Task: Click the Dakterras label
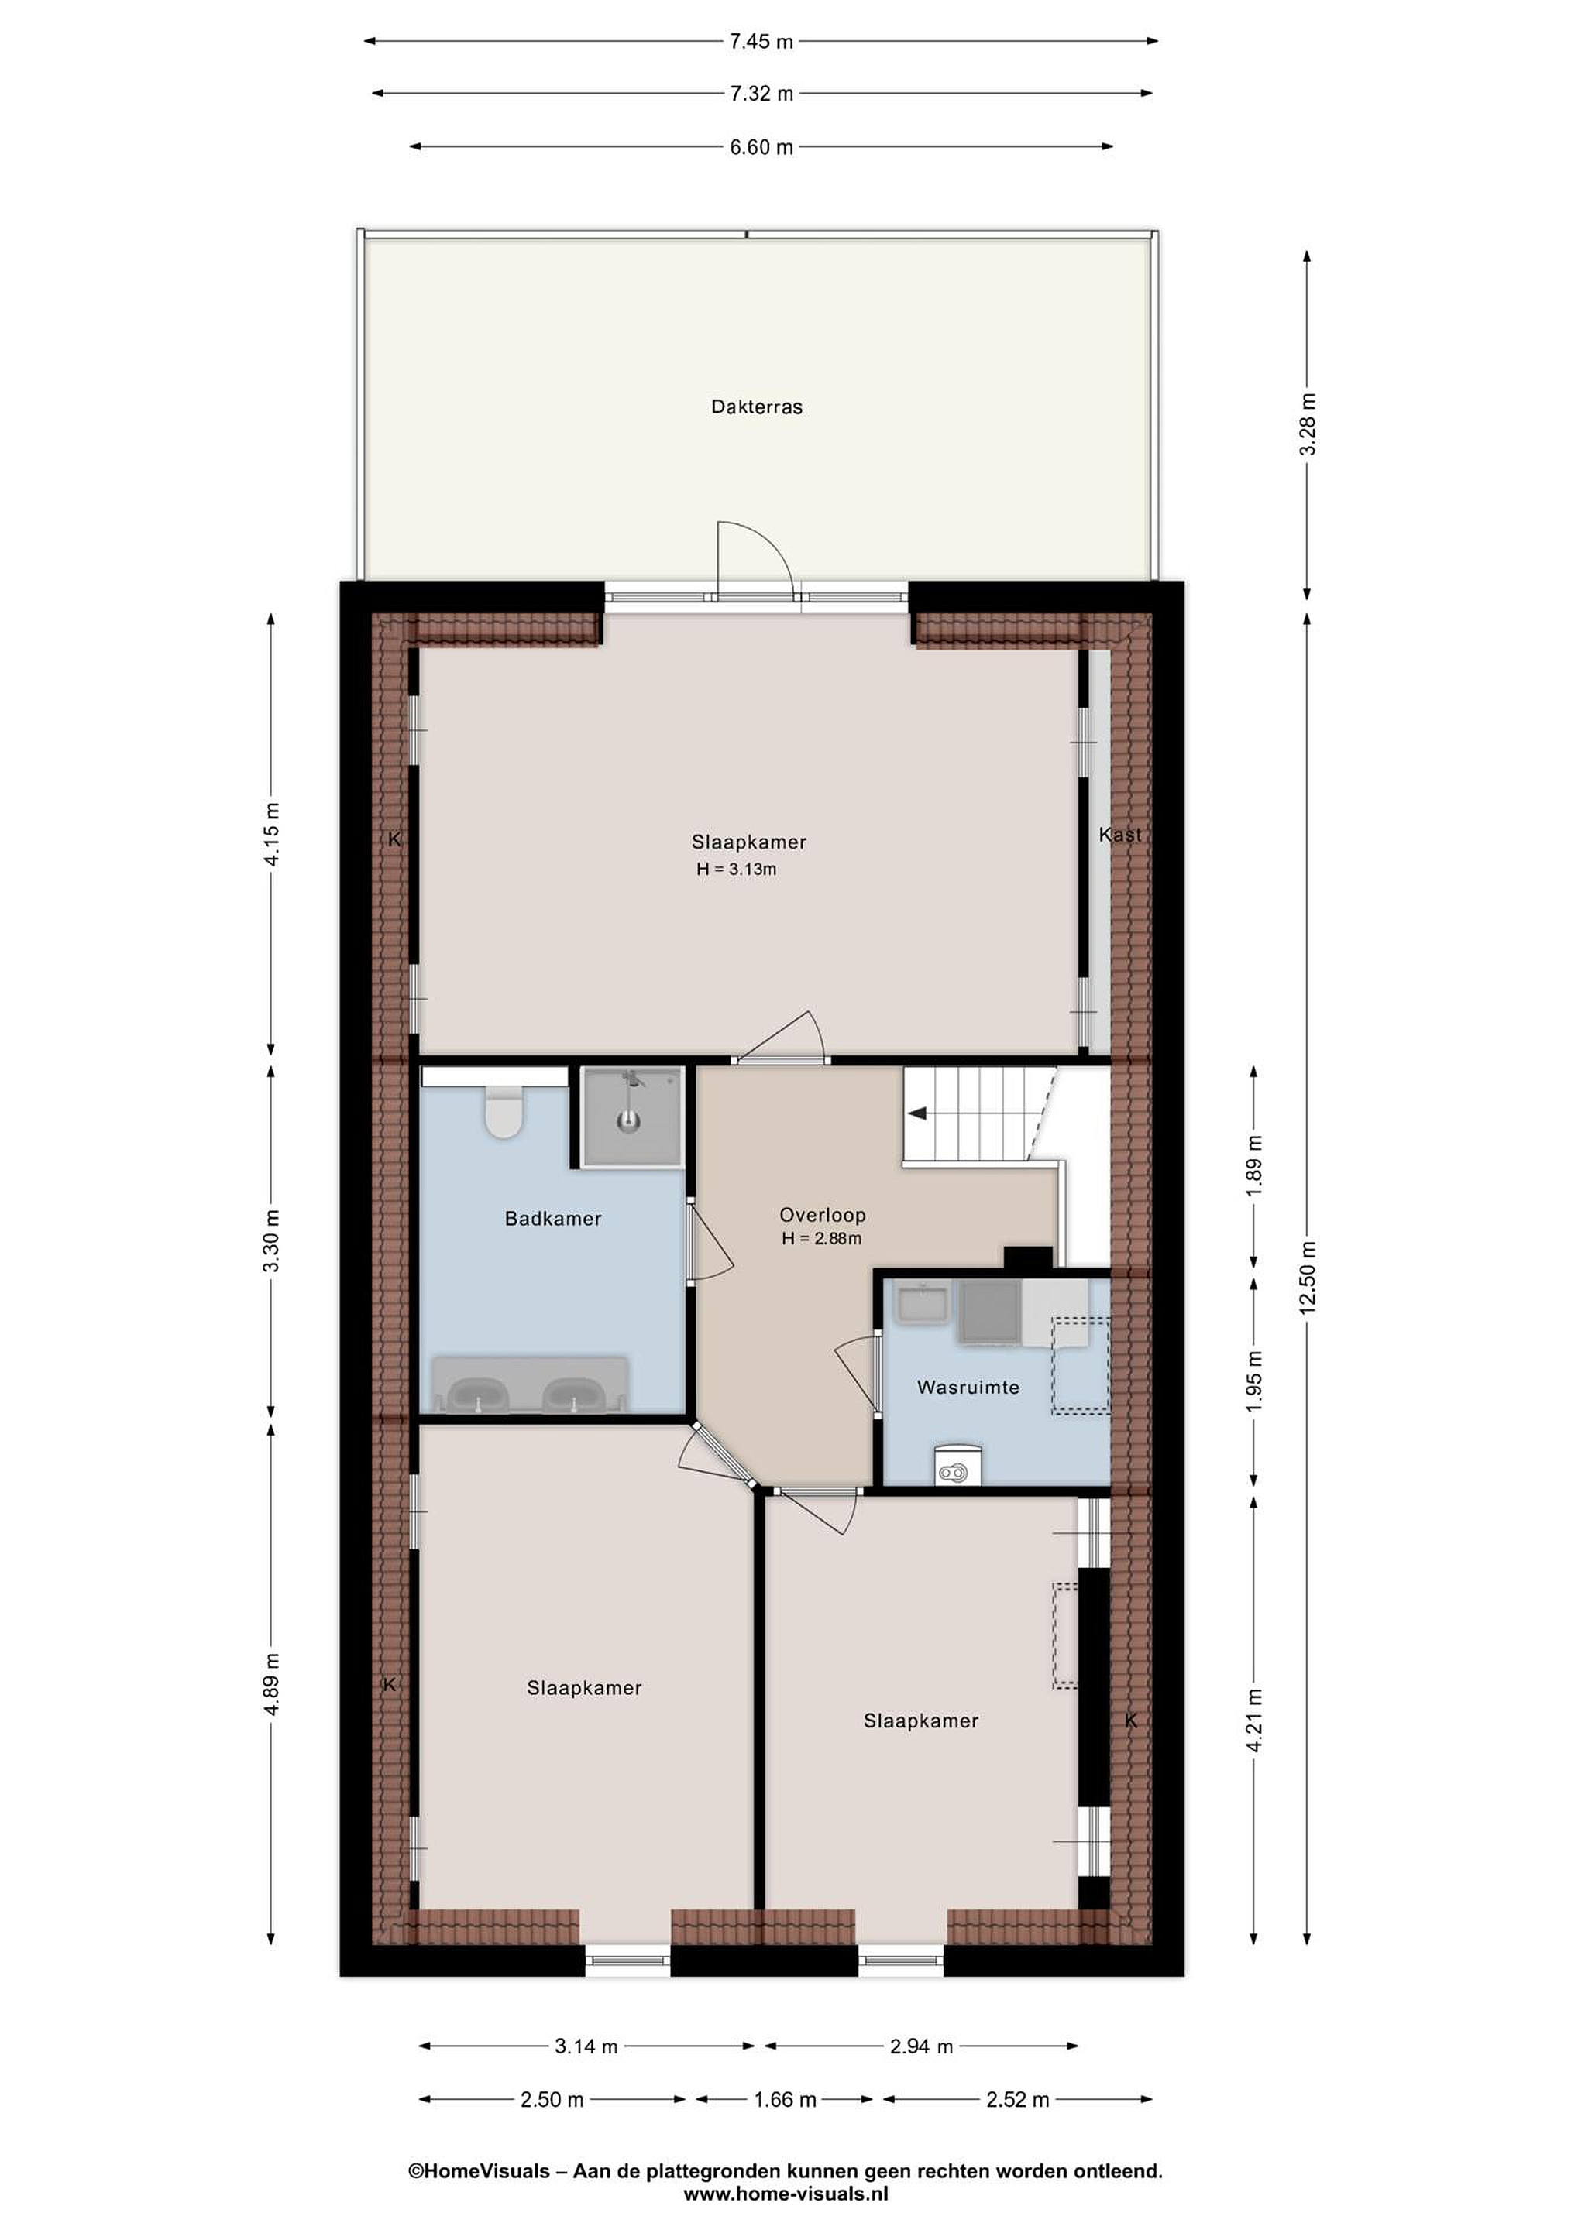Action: [757, 407]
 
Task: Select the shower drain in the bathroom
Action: [630, 1122]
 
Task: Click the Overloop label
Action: [822, 1214]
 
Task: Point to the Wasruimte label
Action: [968, 1387]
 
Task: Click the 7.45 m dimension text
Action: [761, 41]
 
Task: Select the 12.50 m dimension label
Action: [1308, 1277]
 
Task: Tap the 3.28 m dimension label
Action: [1308, 424]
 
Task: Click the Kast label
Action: [1119, 834]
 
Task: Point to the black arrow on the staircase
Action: [916, 1114]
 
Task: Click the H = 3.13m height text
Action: [736, 870]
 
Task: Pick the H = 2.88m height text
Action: [821, 1238]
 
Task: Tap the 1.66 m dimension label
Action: [785, 2100]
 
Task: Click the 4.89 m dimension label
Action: [272, 1684]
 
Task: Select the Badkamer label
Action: [553, 1218]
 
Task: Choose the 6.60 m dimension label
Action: [761, 146]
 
